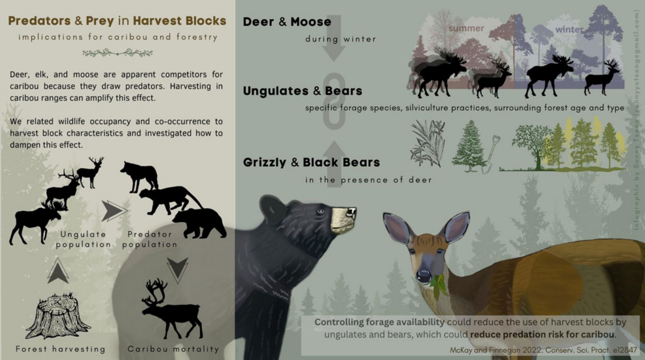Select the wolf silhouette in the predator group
[139, 175]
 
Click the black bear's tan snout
[343, 219]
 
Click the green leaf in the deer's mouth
[440, 285]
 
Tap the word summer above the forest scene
[466, 28]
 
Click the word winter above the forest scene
[569, 30]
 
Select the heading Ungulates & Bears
[302, 91]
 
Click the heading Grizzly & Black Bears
[311, 162]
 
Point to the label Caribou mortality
[173, 349]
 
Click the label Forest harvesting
[60, 349]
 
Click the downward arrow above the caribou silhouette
[178, 269]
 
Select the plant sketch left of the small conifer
[427, 143]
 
